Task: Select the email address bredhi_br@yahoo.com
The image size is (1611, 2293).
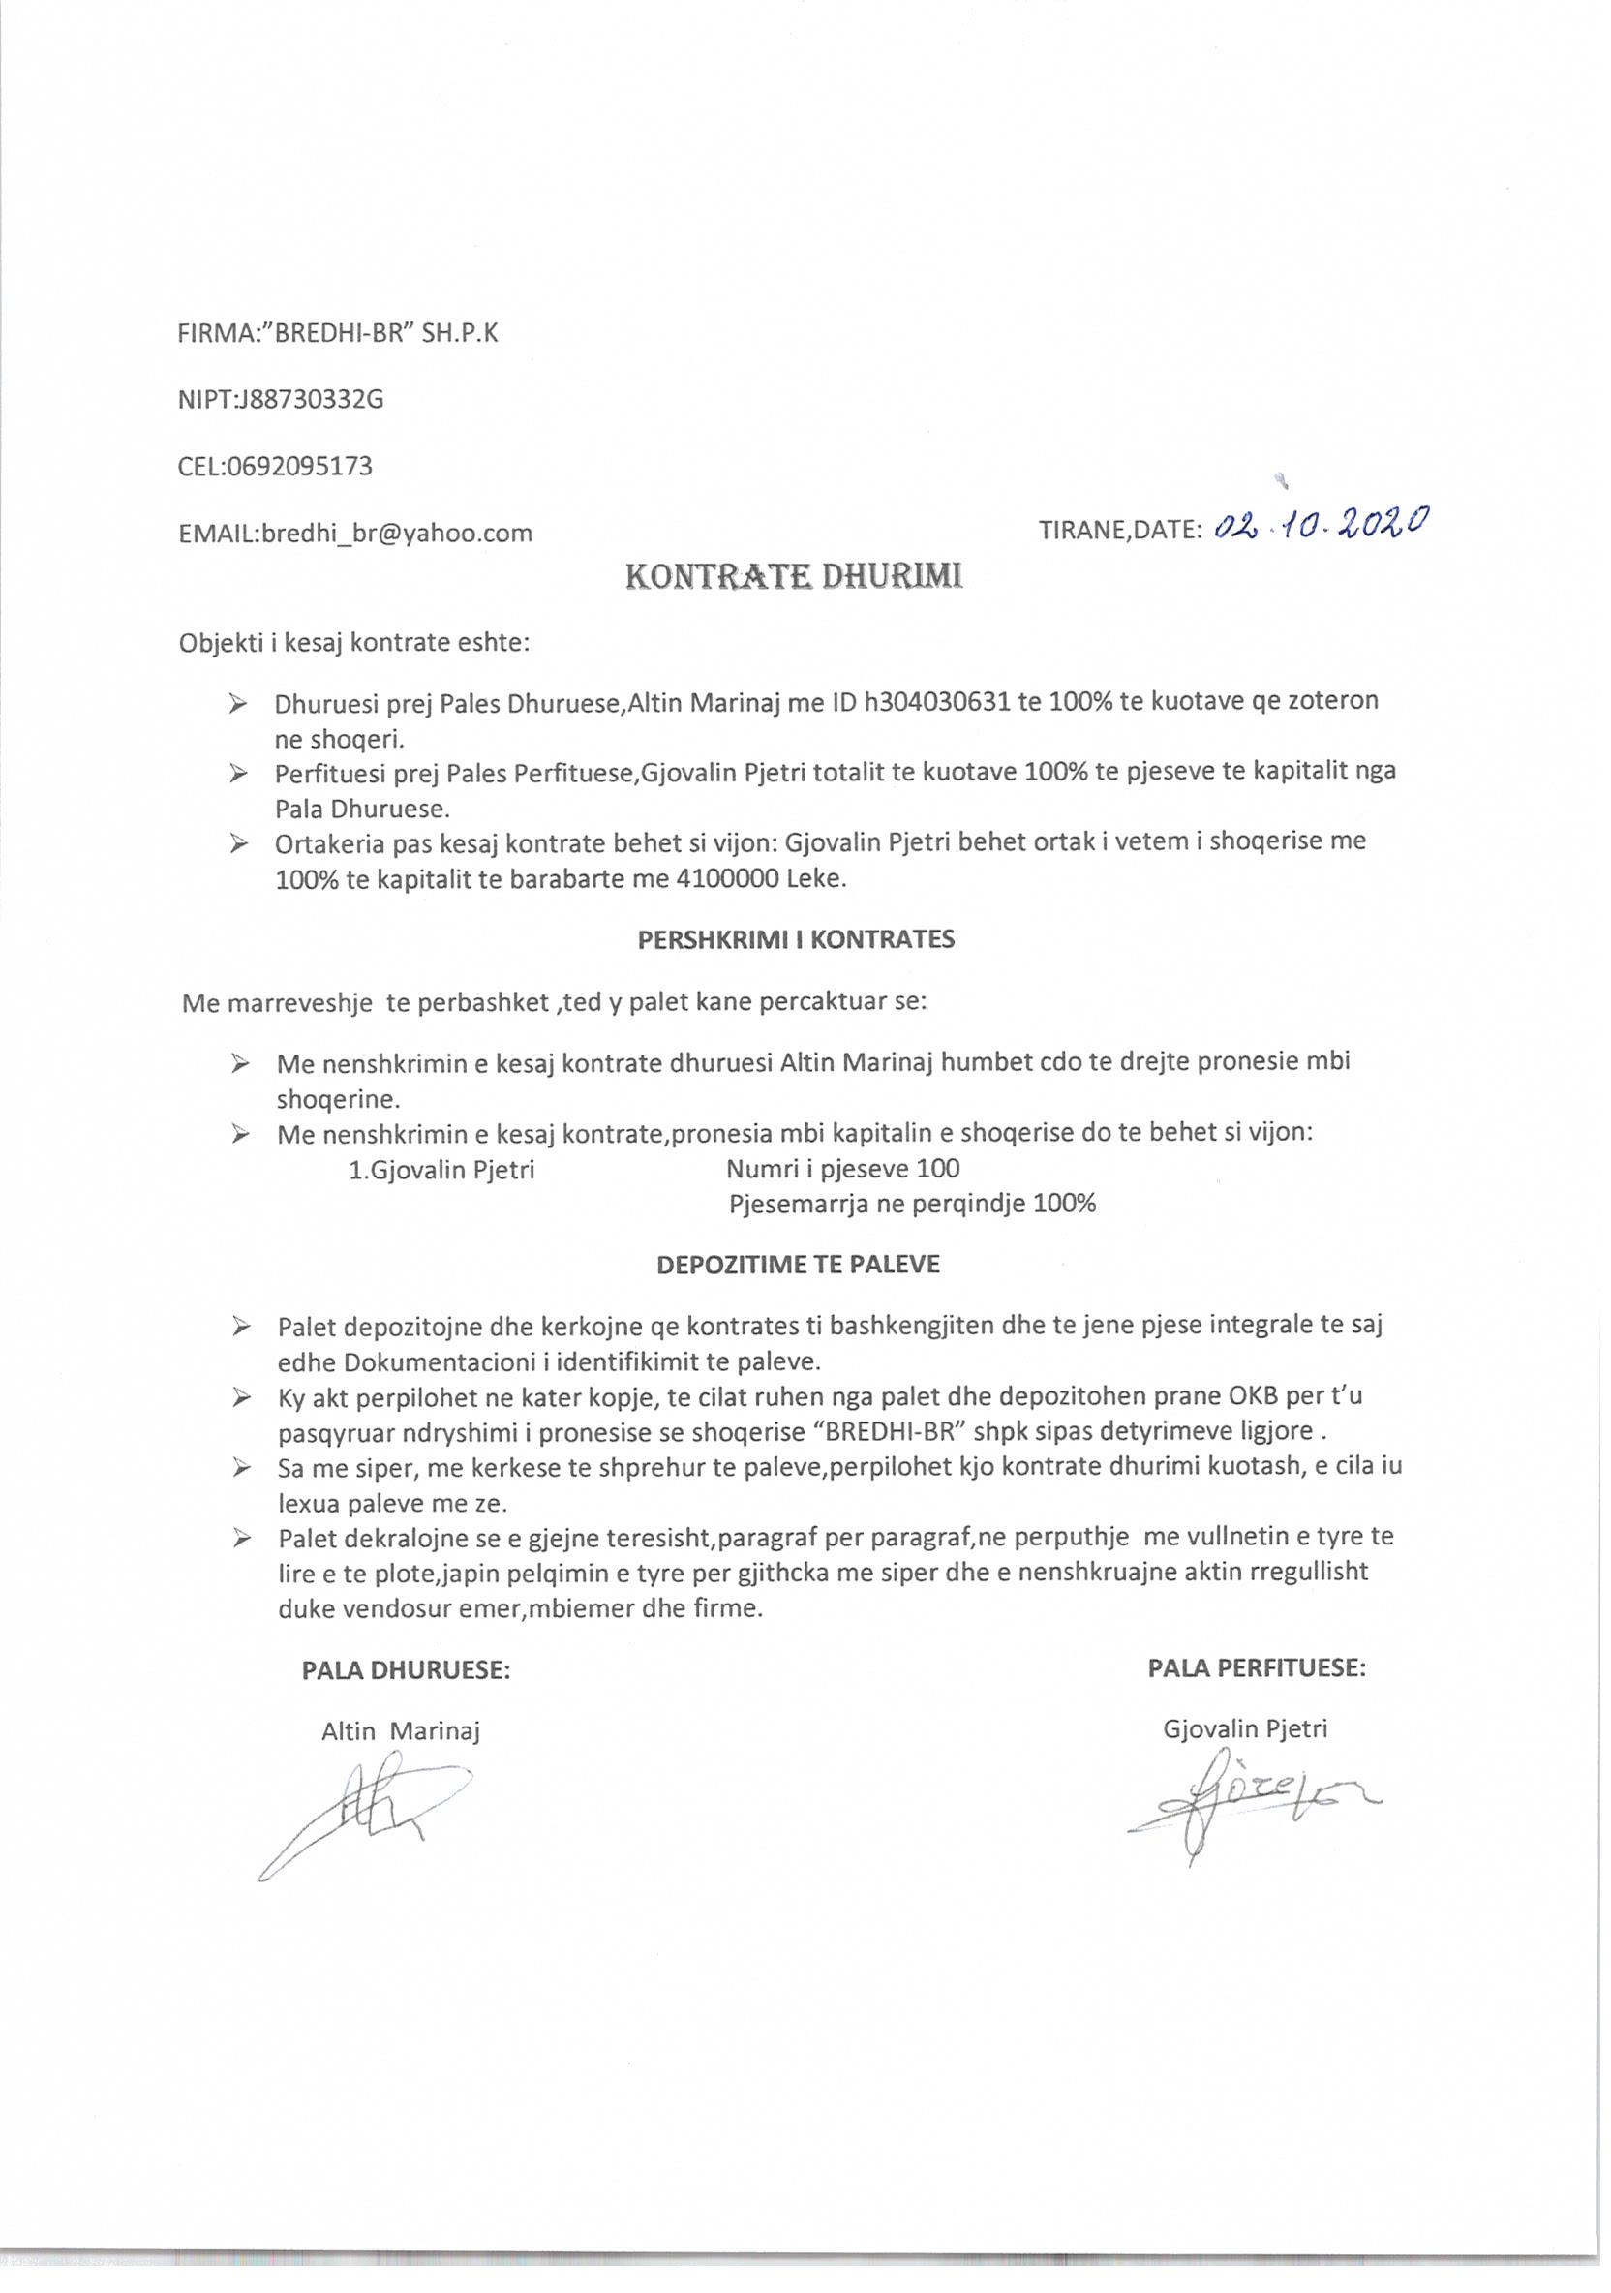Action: pos(397,533)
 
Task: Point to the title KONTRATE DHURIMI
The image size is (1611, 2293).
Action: pos(794,577)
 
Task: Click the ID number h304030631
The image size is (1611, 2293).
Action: pos(937,702)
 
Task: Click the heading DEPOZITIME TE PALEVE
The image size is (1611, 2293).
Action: pos(797,1265)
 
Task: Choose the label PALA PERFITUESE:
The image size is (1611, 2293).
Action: pos(1257,1666)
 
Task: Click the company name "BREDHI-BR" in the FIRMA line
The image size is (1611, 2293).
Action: pos(338,333)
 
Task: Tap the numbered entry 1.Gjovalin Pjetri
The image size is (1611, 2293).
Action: pos(441,1170)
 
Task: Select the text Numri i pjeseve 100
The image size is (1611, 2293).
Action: pos(843,1169)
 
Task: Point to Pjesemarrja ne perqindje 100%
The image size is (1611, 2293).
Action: pos(912,1204)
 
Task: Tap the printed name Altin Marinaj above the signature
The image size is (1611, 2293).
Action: pos(401,1731)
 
